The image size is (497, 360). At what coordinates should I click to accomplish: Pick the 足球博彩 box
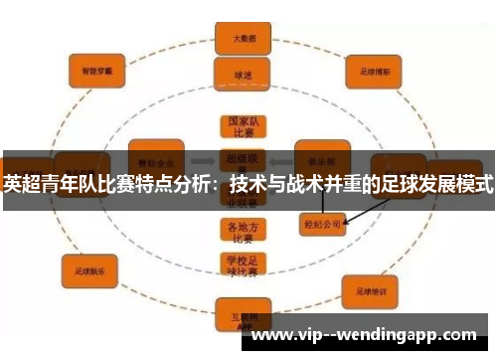(373, 72)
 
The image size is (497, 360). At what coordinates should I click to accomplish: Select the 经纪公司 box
(321, 224)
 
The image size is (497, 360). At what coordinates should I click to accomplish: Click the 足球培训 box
(370, 290)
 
